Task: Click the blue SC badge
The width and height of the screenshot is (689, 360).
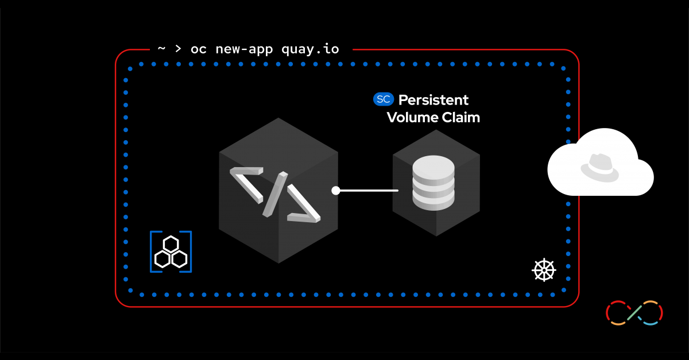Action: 384,99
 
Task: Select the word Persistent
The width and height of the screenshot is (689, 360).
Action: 433,100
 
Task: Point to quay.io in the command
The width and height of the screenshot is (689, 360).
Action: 310,49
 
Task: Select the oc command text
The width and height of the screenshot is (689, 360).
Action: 198,49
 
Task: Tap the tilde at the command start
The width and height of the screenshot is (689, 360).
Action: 161,49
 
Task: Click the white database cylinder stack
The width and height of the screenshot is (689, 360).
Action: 433,182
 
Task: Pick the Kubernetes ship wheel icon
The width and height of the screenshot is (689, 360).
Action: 543,270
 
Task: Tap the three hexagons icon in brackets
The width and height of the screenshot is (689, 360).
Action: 171,251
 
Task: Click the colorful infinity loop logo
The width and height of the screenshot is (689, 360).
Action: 634,313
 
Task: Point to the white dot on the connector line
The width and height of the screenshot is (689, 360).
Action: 336,191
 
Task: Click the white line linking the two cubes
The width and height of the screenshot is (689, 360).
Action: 367,191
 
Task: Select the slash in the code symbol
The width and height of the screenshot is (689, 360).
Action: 275,194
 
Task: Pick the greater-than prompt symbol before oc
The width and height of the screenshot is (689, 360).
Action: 178,49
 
